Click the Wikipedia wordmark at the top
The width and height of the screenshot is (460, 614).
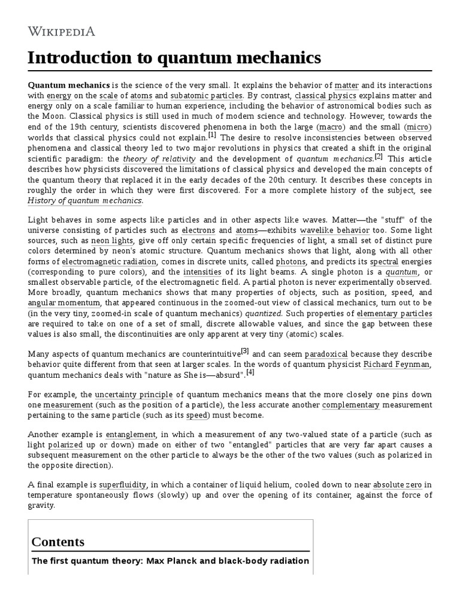62,31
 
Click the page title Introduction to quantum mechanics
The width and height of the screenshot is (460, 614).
174,58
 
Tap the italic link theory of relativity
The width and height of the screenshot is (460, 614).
159,159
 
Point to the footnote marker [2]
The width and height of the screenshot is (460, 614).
378,156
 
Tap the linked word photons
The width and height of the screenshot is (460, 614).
290,261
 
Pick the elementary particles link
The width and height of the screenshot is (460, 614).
394,314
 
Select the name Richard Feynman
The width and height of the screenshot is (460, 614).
397,365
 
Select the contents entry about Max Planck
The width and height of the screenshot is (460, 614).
170,561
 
